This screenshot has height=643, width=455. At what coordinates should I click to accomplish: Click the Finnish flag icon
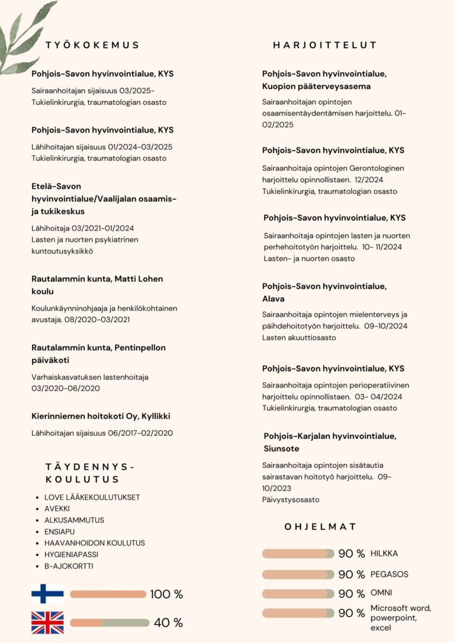[x=48, y=594]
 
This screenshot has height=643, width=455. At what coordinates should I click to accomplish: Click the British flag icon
[x=48, y=623]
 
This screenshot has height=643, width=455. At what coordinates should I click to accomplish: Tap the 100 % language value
[x=167, y=595]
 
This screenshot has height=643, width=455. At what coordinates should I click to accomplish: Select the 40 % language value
[x=168, y=623]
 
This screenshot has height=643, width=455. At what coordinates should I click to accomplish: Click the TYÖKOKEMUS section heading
[x=92, y=45]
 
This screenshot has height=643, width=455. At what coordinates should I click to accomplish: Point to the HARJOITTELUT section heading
[x=325, y=45]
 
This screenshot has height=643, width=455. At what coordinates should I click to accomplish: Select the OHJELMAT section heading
[x=321, y=527]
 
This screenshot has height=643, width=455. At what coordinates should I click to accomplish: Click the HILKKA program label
[x=384, y=554]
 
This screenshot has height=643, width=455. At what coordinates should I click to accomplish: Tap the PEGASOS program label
[x=389, y=575]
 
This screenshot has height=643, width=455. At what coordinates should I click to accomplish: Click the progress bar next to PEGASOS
[x=299, y=575]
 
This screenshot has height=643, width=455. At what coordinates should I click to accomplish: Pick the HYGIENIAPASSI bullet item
[x=71, y=554]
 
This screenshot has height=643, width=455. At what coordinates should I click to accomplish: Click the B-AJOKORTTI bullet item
[x=69, y=566]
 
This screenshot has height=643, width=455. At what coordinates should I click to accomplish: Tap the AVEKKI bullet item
[x=58, y=509]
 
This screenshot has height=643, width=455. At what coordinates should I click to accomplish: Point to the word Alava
[x=273, y=299]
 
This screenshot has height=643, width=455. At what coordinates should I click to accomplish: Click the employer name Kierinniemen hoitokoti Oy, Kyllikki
[x=101, y=416]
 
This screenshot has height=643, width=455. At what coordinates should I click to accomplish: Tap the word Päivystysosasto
[x=291, y=500]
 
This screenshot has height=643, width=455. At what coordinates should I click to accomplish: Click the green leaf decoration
[x=25, y=38]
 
